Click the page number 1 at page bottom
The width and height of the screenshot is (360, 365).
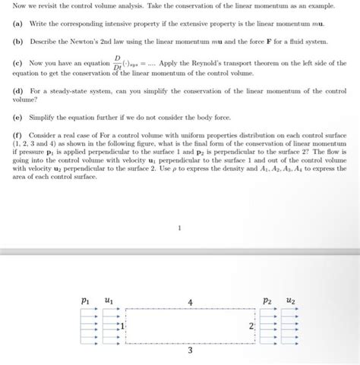[x=179, y=226]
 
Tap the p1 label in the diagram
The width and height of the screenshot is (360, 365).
[x=85, y=300]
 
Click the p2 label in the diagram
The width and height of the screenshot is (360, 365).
[x=267, y=300]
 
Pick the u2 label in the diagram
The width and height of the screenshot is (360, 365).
[x=292, y=300]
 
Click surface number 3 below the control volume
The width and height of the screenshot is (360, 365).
[x=190, y=351]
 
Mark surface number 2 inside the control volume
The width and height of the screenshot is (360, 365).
[x=250, y=326]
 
